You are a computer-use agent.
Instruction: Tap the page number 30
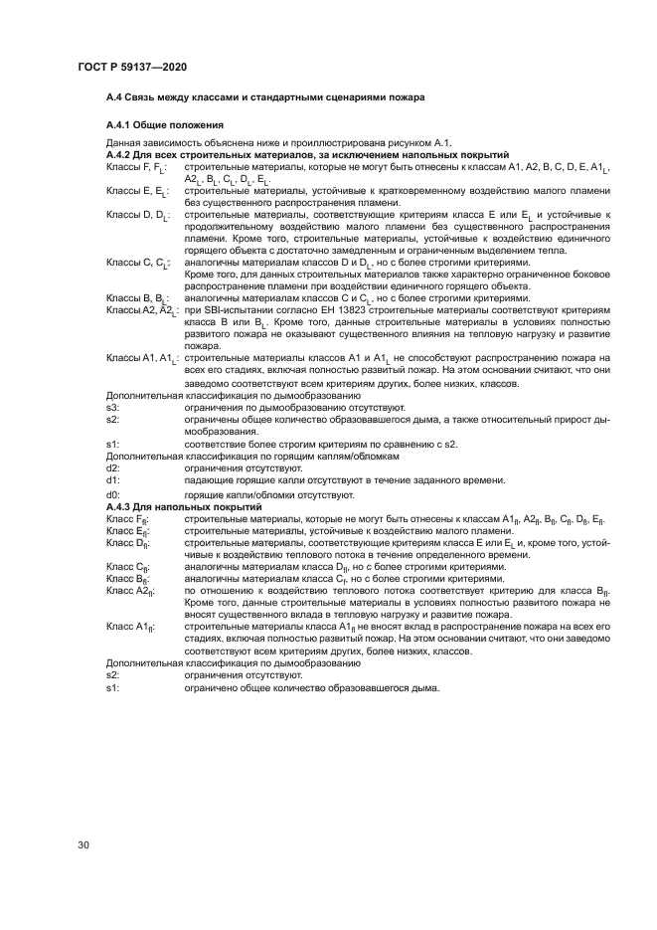coord(83,845)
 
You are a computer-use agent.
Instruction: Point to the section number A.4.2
coord(120,156)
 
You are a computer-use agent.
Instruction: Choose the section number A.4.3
coord(120,507)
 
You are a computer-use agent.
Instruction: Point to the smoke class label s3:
coord(113,407)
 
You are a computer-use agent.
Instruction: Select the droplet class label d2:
coord(113,467)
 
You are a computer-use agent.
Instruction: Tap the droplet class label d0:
coord(113,494)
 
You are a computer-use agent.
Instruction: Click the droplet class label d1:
coord(113,479)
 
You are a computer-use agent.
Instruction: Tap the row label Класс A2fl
coord(130,592)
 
